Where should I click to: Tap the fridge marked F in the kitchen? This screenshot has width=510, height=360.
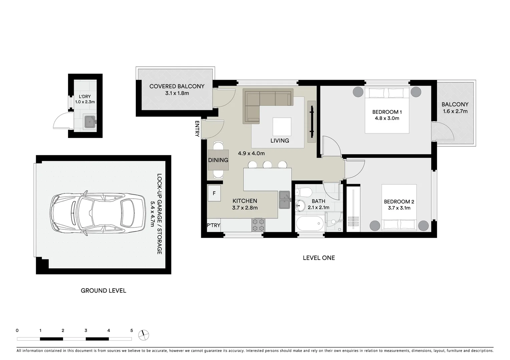point(214,193)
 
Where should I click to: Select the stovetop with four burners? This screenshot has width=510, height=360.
point(258,225)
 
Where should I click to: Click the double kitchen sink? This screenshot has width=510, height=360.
point(285,200)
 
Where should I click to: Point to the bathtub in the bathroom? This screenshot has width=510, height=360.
point(310,223)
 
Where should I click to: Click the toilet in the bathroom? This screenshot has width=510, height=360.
point(303,192)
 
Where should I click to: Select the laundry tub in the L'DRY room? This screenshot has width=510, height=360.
point(90,122)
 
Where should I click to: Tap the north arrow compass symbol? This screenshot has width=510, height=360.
point(144,335)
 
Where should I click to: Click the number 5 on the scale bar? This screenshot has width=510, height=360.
point(131,331)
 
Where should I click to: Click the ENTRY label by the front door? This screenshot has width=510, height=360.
point(197,129)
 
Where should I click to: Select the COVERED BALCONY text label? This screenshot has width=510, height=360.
point(177,86)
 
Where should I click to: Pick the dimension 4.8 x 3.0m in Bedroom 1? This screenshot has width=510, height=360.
point(387,118)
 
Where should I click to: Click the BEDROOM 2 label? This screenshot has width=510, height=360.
point(399,202)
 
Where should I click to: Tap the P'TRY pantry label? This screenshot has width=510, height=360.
point(213,225)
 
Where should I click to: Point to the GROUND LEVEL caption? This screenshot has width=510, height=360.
point(103,291)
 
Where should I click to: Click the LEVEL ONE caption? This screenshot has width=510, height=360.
point(319,258)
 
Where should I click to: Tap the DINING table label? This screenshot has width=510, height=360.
point(218,160)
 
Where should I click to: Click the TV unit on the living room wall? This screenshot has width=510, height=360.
point(312,122)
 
